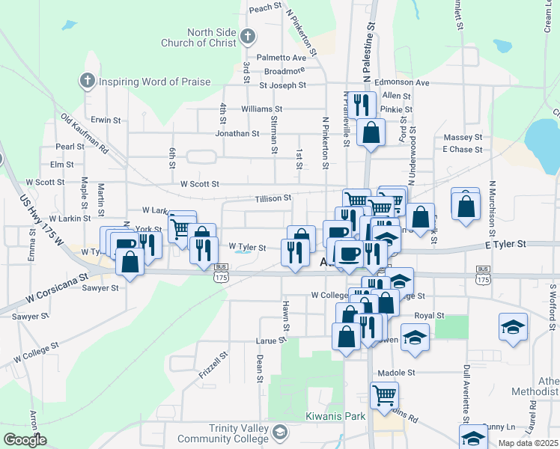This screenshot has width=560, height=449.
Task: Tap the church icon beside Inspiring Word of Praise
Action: pyautogui.click(x=87, y=80)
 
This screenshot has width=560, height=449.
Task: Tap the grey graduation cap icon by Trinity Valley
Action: pyautogui.click(x=279, y=432)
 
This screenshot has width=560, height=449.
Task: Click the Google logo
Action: pyautogui.click(x=25, y=440)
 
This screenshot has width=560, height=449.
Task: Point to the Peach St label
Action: pyautogui.click(x=264, y=8)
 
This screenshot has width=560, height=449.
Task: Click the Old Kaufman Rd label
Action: pyautogui.click(x=85, y=134)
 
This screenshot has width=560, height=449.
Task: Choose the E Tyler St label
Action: pyautogui.click(x=506, y=244)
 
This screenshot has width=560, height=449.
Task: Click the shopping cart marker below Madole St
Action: pyautogui.click(x=384, y=394)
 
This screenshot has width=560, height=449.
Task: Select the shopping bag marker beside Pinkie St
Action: pyautogui.click(x=371, y=132)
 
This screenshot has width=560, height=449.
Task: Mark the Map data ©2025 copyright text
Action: pyautogui.click(x=528, y=443)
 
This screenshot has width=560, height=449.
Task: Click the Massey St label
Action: pyautogui.click(x=463, y=138)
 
